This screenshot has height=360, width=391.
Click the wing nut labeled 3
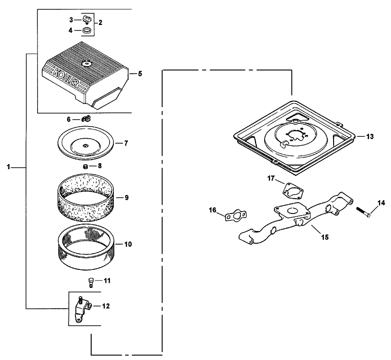click(87, 20)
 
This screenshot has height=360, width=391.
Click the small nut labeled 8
click(86, 165)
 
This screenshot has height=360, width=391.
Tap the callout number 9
click(126, 197)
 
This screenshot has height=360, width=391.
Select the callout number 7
click(126, 143)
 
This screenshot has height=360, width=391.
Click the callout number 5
click(139, 73)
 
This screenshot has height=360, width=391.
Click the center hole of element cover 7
click(86, 146)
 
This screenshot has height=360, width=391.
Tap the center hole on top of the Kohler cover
click(87, 63)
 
